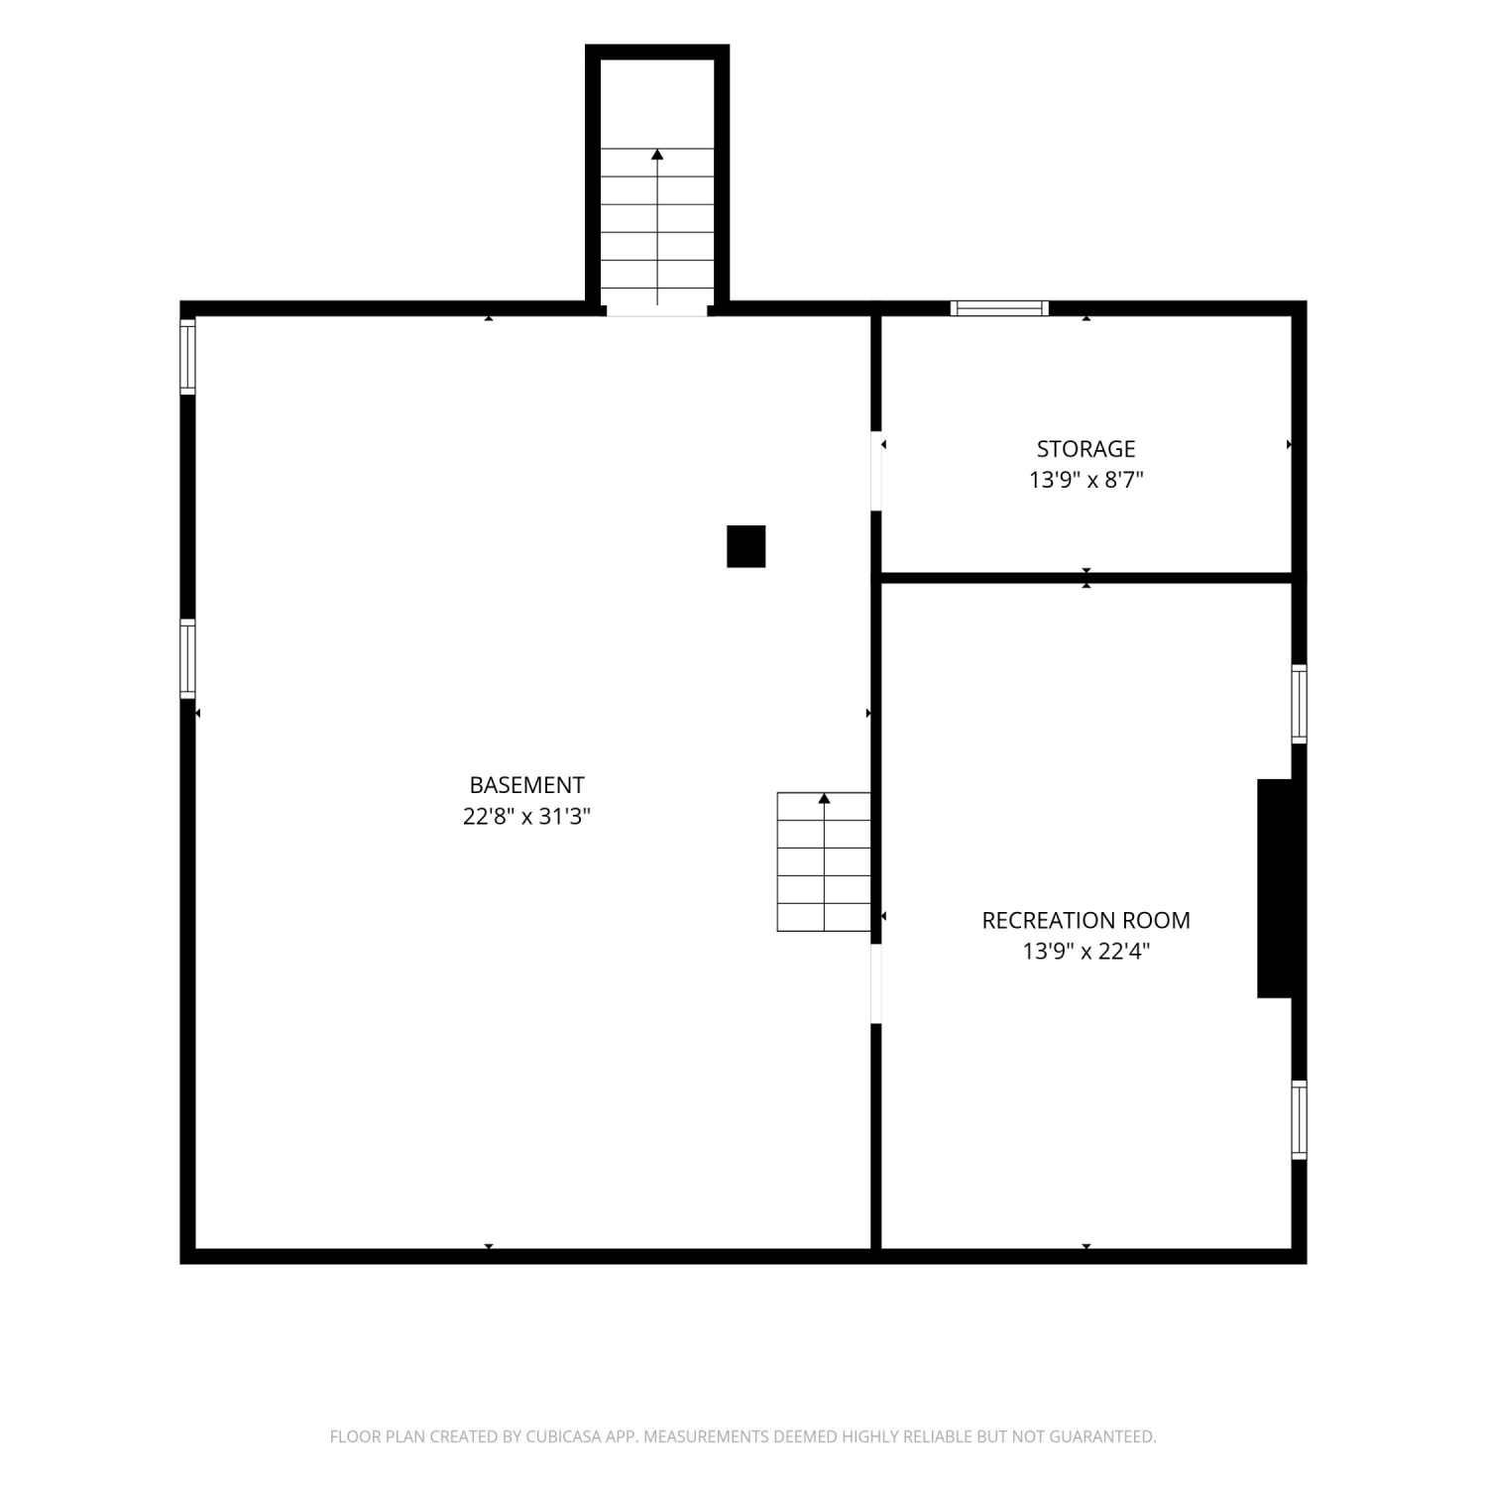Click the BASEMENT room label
526,785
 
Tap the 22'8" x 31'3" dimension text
526,817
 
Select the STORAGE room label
1087,449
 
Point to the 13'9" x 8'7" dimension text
1087,481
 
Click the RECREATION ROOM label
1087,920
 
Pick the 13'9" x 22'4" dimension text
1087,952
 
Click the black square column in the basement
746,546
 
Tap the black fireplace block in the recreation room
1275,888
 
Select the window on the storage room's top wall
999,308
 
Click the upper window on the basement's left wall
187,357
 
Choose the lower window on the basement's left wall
187,659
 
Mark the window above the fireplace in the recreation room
1300,704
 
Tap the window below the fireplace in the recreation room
1300,1120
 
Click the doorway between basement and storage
876,471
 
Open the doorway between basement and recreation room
876,983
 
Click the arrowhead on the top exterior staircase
657,154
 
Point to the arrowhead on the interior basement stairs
824,798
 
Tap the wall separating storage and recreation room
1087,578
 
